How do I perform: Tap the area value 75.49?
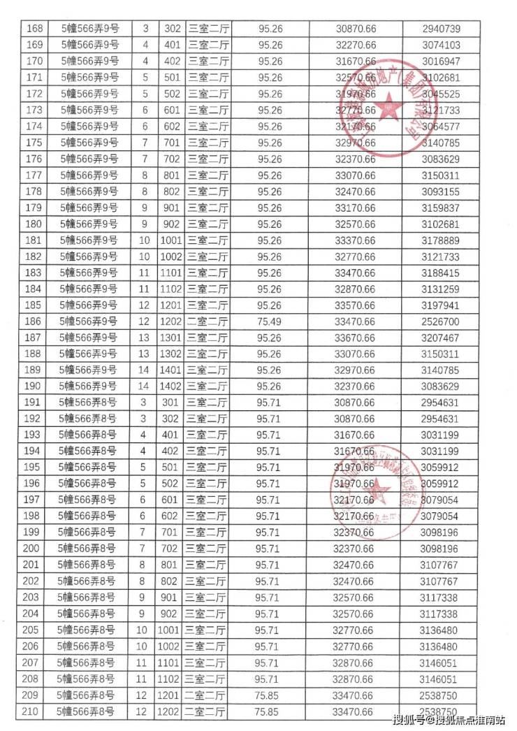[x=270, y=321]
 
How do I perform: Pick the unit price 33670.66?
[x=355, y=338]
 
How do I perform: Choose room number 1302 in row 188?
[x=171, y=354]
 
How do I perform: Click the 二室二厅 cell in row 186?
[x=209, y=321]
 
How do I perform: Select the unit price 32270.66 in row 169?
[x=355, y=45]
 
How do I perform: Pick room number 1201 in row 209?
[x=171, y=695]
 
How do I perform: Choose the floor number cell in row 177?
[x=146, y=175]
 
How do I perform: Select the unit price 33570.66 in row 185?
[x=355, y=305]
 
